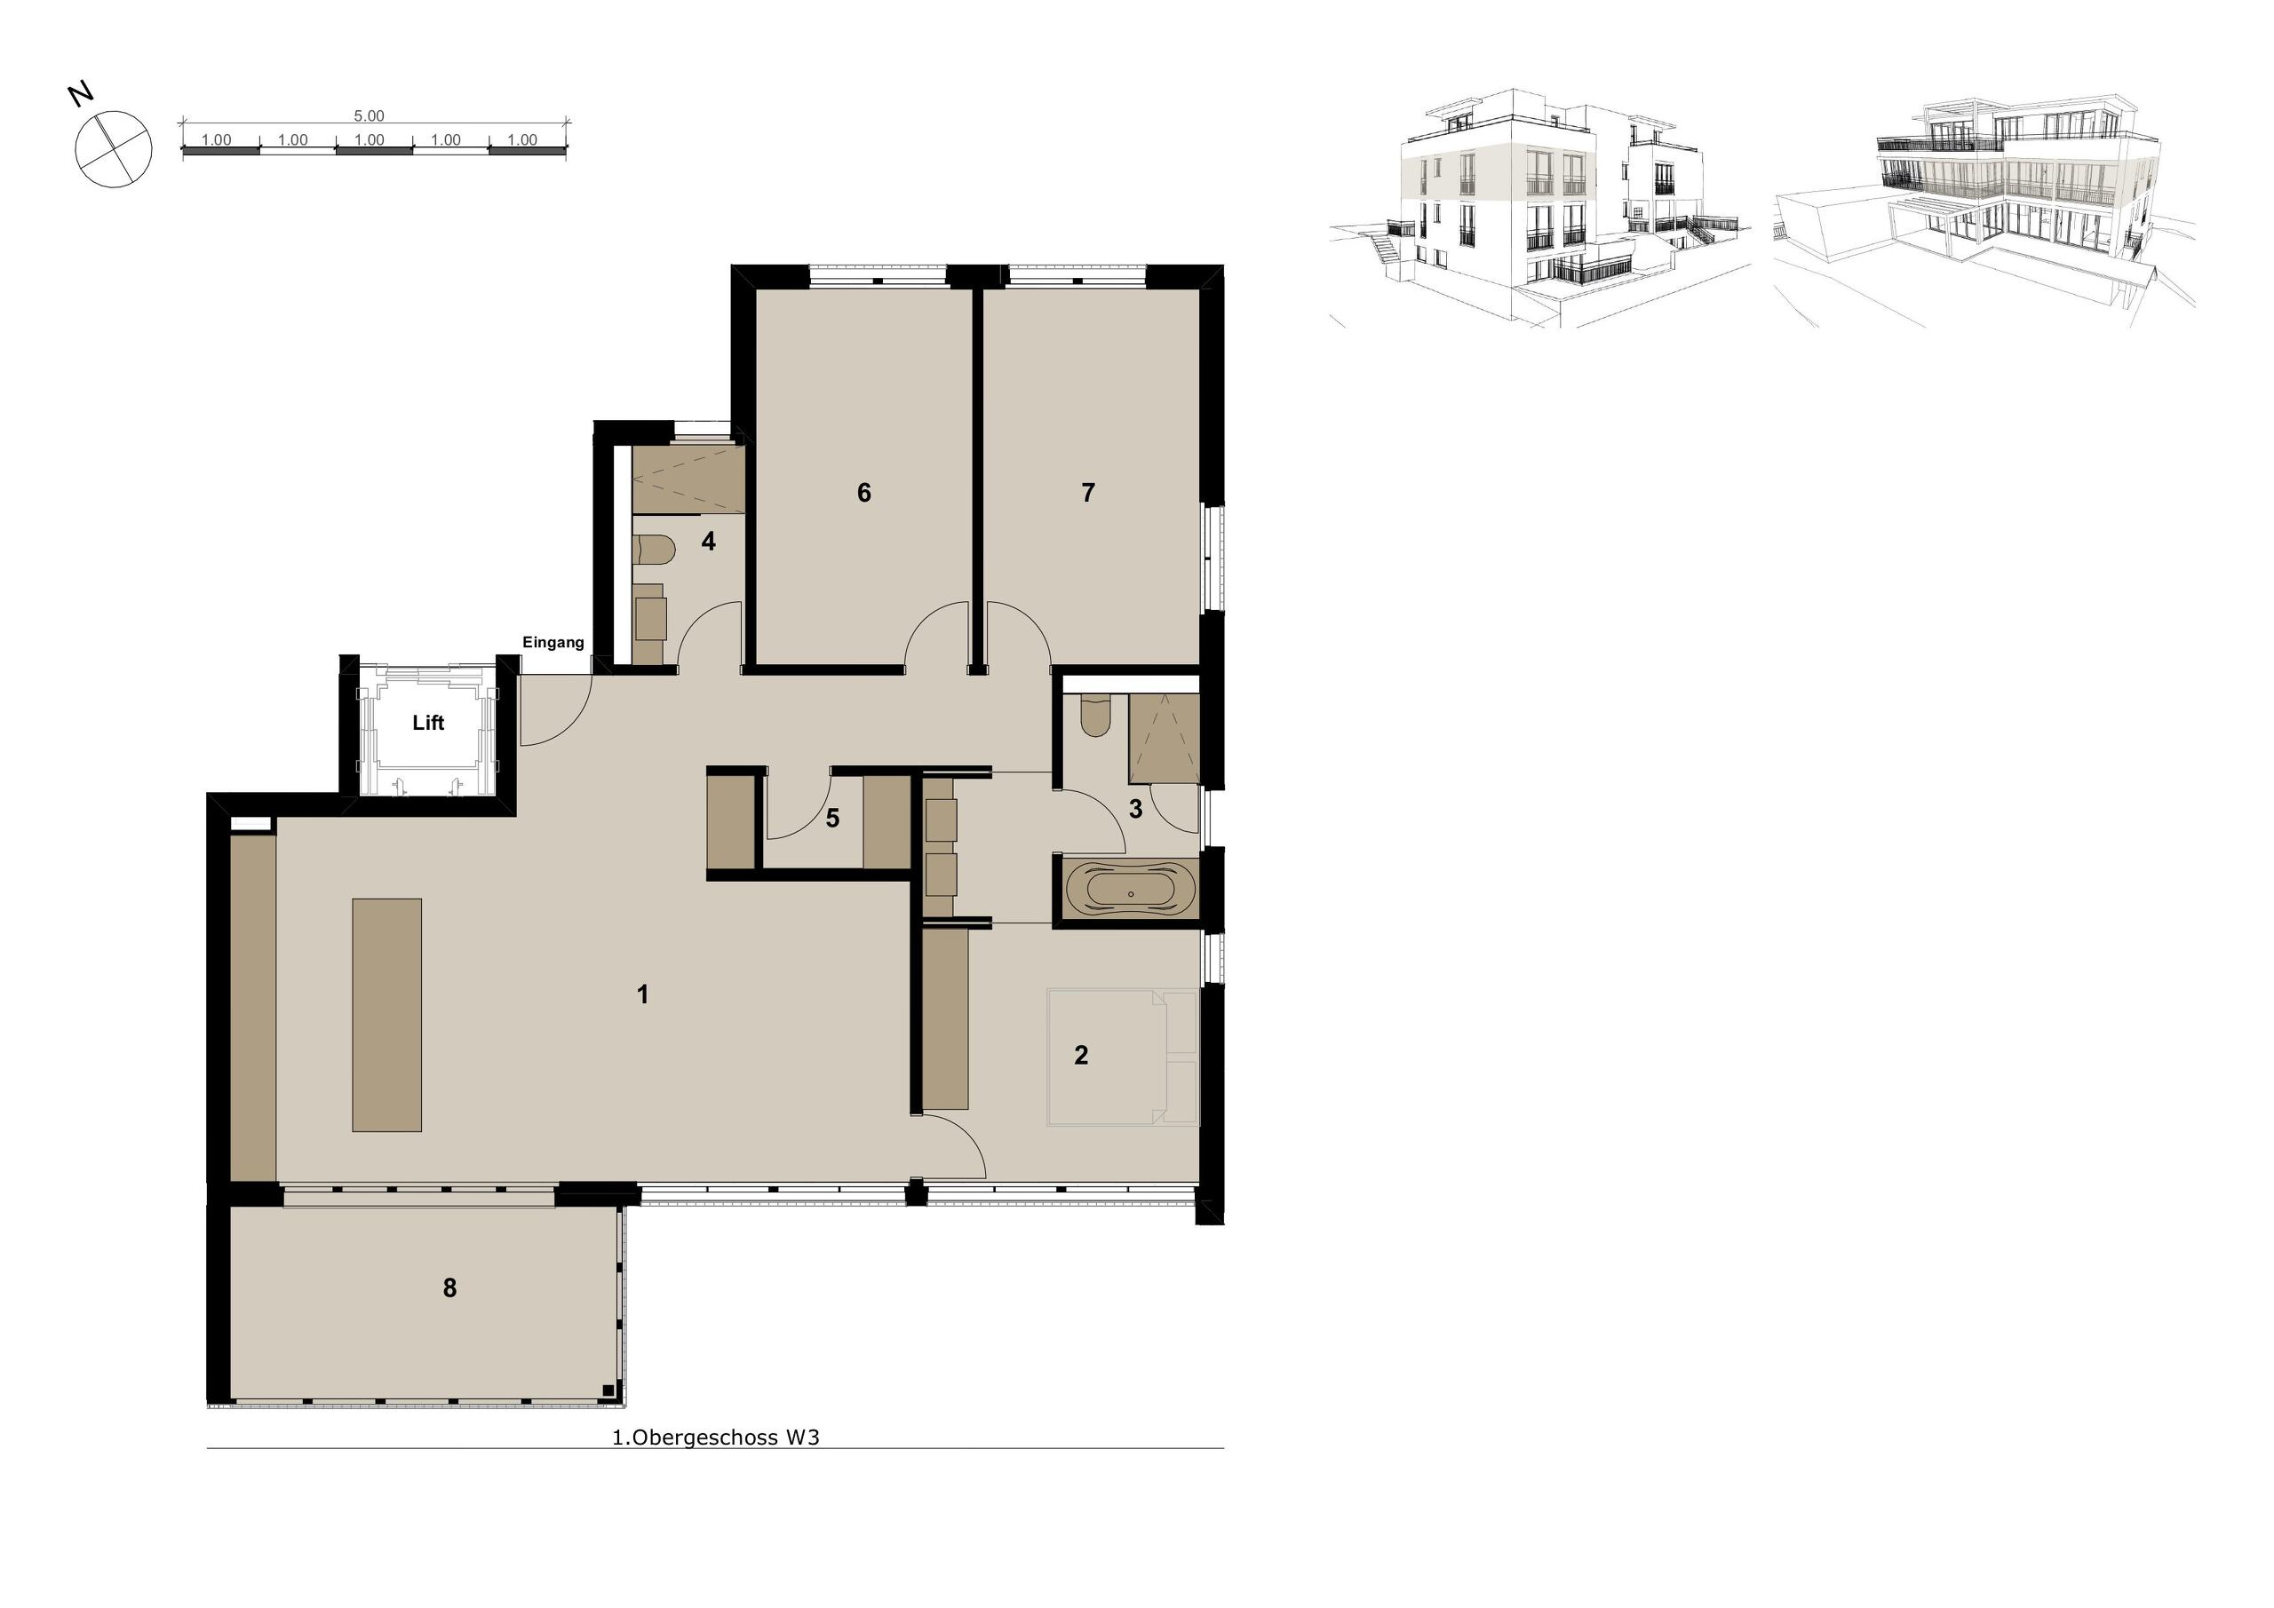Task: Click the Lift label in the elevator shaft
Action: click(x=428, y=724)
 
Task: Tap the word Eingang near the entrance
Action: click(x=553, y=643)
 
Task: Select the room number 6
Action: click(x=863, y=493)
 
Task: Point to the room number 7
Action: click(x=1087, y=493)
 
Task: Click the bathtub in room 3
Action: click(x=1130, y=888)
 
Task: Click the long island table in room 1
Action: click(x=387, y=1015)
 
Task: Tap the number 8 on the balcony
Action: click(x=449, y=1288)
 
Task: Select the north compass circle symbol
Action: click(x=114, y=148)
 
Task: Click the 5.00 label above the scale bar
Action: click(x=369, y=115)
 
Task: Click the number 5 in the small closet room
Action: click(x=832, y=818)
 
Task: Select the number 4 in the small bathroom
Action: click(x=708, y=542)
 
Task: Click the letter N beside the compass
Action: click(x=81, y=95)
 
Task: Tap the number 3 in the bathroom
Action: click(x=1135, y=809)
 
